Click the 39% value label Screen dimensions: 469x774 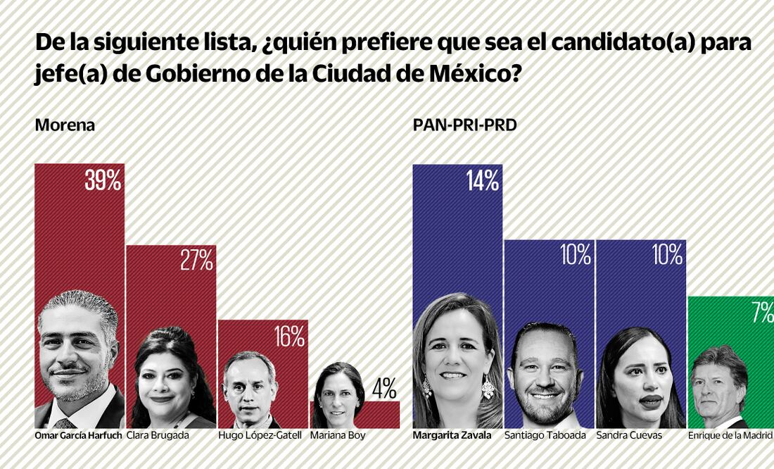point(103,182)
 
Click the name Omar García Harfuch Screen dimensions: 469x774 point(78,436)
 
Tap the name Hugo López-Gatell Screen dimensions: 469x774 point(260,436)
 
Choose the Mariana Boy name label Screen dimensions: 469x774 point(338,436)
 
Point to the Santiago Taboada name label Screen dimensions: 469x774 point(545,436)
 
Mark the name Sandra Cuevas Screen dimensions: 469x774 point(629,436)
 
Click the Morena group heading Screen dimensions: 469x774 point(65,125)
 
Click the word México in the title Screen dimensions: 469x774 point(465,73)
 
